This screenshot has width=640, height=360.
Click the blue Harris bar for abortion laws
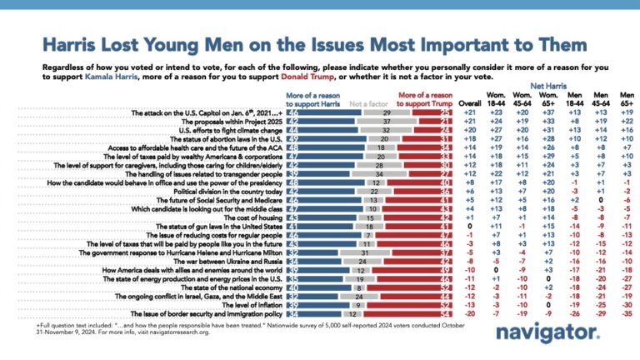(313, 139)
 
